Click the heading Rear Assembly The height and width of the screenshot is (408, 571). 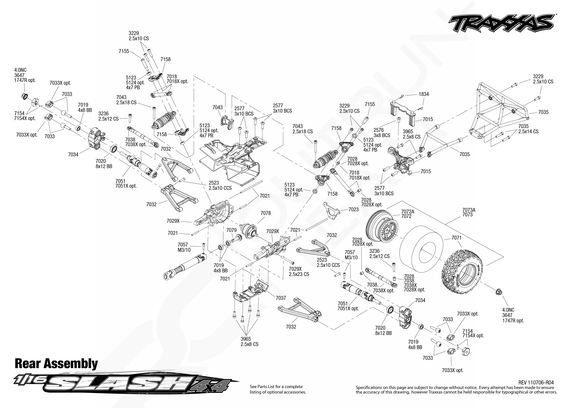click(x=56, y=364)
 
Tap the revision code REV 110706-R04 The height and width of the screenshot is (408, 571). click(x=536, y=383)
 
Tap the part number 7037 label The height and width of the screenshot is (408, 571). click(x=281, y=298)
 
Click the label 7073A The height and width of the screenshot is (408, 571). click(x=469, y=210)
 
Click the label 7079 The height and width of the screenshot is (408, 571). click(x=231, y=230)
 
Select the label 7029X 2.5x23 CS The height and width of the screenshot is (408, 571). click(x=299, y=271)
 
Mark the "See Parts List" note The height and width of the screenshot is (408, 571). click(x=278, y=389)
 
